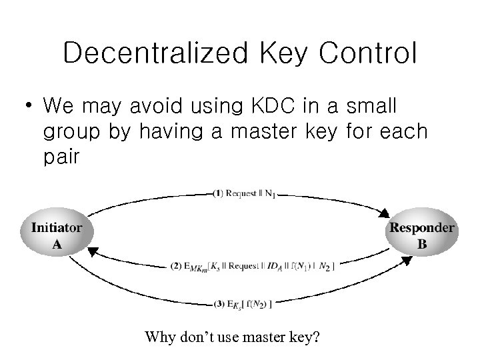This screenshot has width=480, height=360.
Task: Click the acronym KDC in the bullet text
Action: pos(270,106)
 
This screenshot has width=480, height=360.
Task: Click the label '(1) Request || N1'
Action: pos(245,194)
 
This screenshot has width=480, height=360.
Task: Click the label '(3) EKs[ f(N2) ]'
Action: pos(241,305)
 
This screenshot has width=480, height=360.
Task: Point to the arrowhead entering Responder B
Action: pos(386,214)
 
